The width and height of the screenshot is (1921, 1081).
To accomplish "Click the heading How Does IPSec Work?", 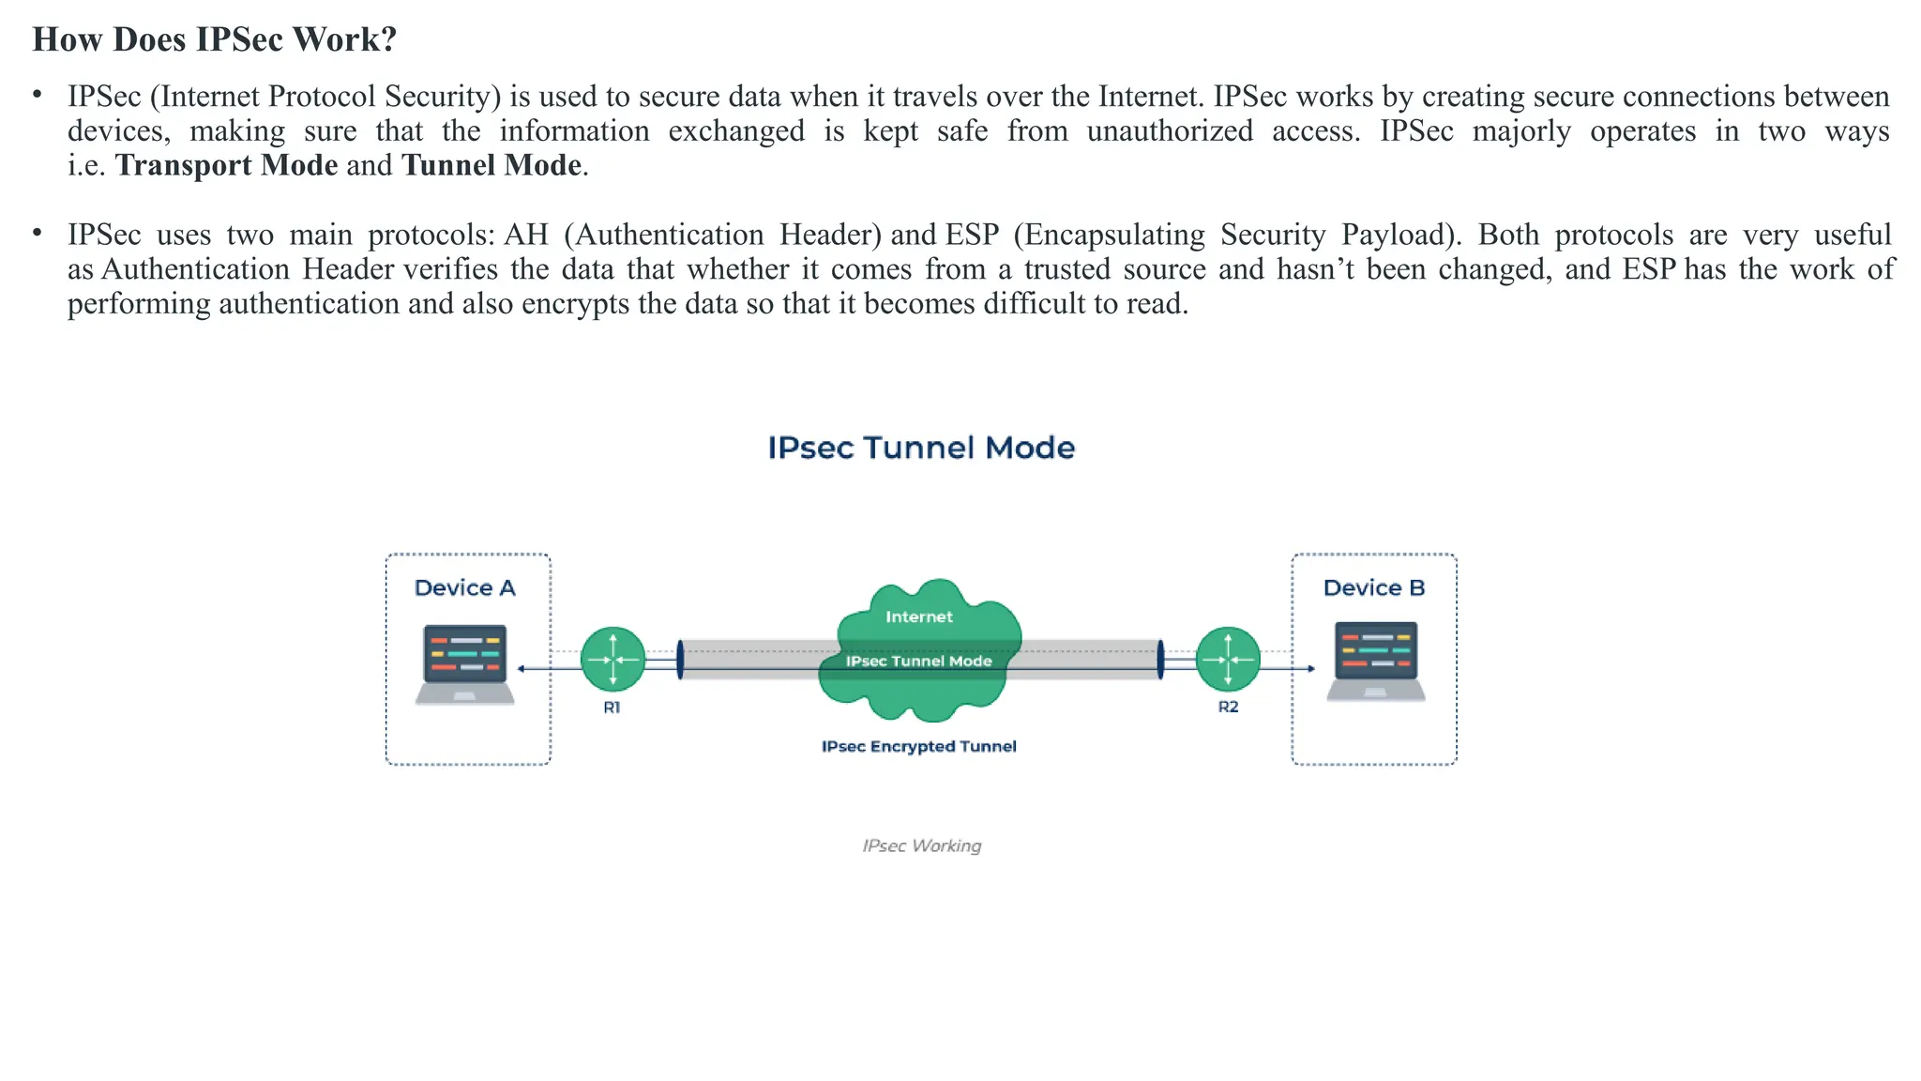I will click(215, 39).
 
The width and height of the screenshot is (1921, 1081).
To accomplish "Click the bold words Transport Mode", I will click(226, 165).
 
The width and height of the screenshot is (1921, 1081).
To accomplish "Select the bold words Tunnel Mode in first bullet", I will click(492, 165).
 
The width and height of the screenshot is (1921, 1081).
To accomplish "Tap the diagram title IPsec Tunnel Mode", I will click(920, 448).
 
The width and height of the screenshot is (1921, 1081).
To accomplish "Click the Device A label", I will click(464, 588).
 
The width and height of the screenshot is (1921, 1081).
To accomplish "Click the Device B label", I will click(1373, 588).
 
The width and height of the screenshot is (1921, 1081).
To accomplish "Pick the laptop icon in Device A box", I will click(465, 663).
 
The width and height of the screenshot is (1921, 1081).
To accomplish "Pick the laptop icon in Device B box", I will click(1375, 661).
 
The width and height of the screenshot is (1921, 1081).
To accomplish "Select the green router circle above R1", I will click(613, 660).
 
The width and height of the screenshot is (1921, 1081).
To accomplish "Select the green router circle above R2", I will click(1228, 660).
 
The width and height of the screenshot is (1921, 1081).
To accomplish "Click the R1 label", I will click(612, 708).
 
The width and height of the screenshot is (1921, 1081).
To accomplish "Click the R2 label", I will click(1228, 707).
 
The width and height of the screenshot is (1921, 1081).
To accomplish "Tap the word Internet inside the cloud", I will click(918, 617).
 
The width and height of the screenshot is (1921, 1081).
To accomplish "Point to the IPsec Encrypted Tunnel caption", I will click(918, 746).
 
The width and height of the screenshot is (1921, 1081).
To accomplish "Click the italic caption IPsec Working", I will click(921, 845).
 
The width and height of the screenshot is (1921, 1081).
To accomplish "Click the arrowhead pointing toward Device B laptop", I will click(1310, 669).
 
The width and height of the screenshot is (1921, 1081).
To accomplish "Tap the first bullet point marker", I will click(38, 95).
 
